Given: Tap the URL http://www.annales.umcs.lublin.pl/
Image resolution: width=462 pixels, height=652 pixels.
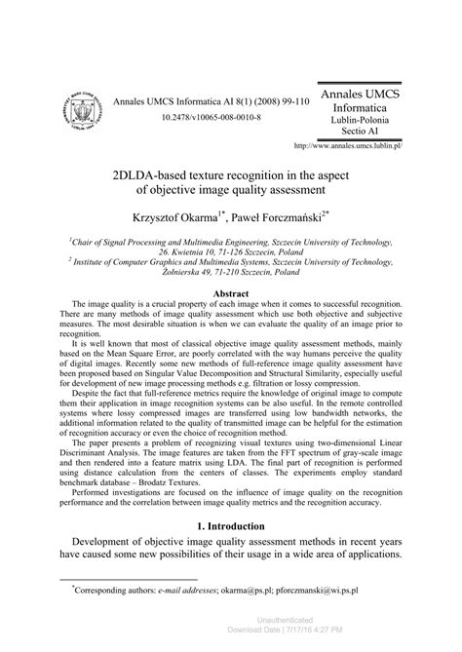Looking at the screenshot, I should coord(348,145).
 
